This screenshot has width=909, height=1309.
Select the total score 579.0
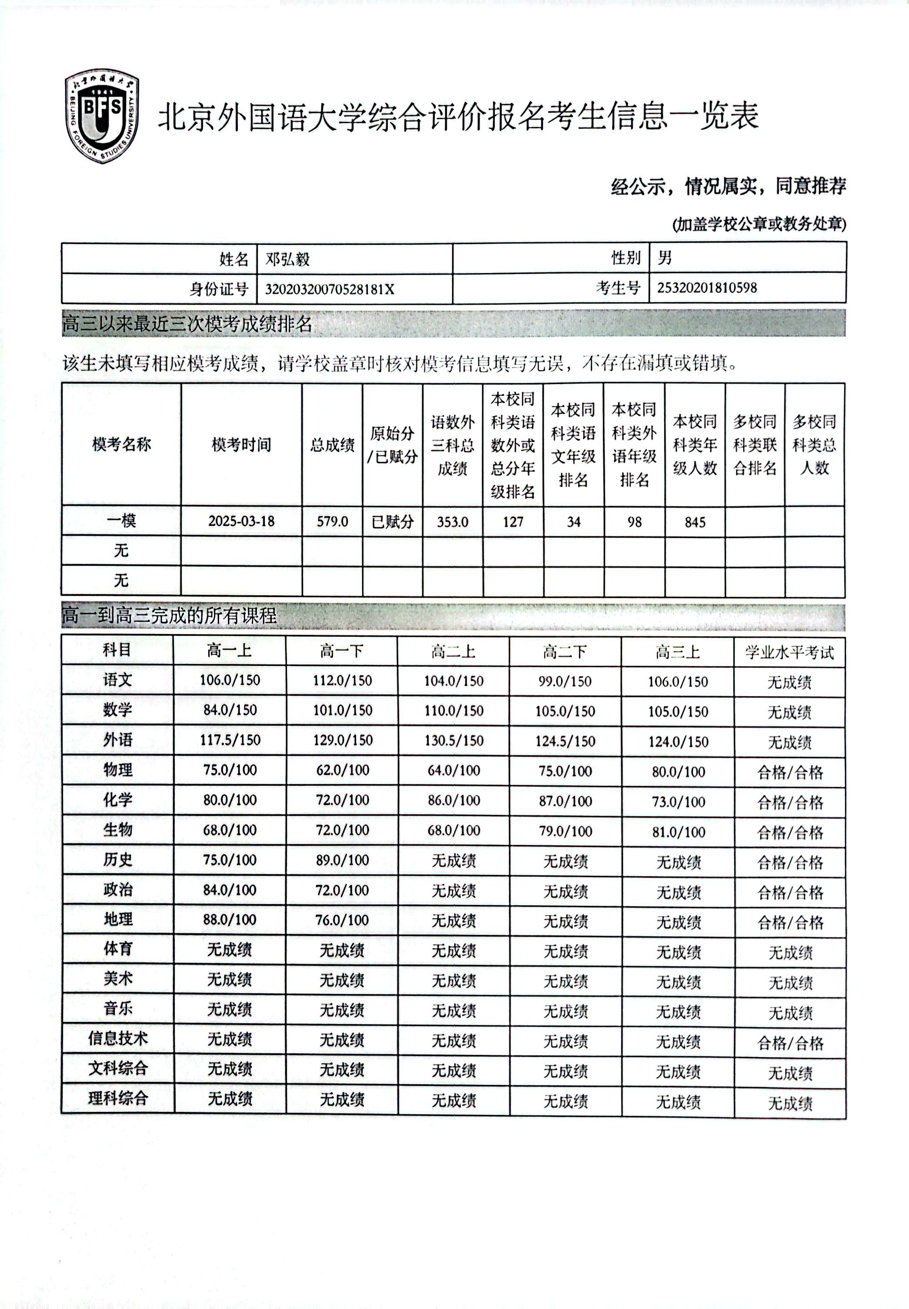point(332,521)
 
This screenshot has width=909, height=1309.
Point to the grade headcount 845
point(695,522)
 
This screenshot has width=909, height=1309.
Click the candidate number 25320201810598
point(707,287)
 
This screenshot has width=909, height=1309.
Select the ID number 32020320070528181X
point(329,289)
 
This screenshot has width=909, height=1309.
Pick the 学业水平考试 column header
point(789,652)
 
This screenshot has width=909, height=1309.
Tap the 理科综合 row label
point(118,1098)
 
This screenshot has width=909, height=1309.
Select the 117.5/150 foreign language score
point(230,740)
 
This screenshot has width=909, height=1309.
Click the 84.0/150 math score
point(230,710)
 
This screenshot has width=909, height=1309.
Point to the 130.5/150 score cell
point(454,741)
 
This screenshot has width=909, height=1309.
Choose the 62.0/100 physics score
point(342,770)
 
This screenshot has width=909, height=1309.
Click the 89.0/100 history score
point(342,860)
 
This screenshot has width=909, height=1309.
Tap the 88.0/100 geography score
point(230,919)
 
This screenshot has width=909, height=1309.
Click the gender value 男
point(665,258)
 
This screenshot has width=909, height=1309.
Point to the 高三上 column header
point(677,651)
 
